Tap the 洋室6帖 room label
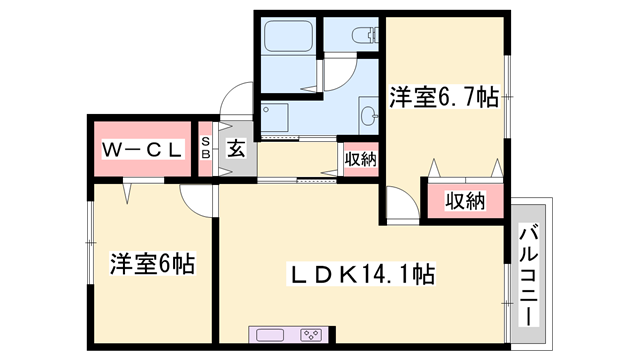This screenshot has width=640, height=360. (152, 265)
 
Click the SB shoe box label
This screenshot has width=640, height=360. (205, 149)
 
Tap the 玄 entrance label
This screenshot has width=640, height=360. (235, 149)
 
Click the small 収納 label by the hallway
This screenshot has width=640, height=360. (360, 158)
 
